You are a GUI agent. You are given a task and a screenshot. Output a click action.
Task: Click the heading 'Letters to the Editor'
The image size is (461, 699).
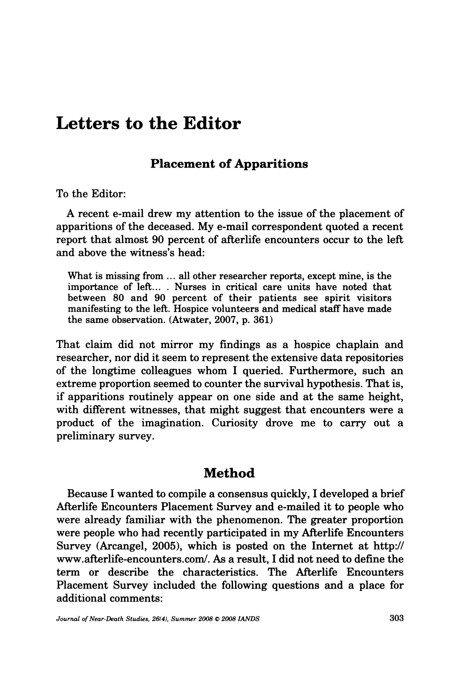pyautogui.click(x=148, y=124)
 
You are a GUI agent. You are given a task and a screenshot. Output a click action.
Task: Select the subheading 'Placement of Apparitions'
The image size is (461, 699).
pyautogui.click(x=229, y=164)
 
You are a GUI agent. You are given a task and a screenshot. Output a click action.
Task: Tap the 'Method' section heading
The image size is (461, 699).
pyautogui.click(x=229, y=473)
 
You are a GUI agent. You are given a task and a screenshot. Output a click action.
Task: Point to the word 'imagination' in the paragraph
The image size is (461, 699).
pyautogui.click(x=172, y=423)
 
